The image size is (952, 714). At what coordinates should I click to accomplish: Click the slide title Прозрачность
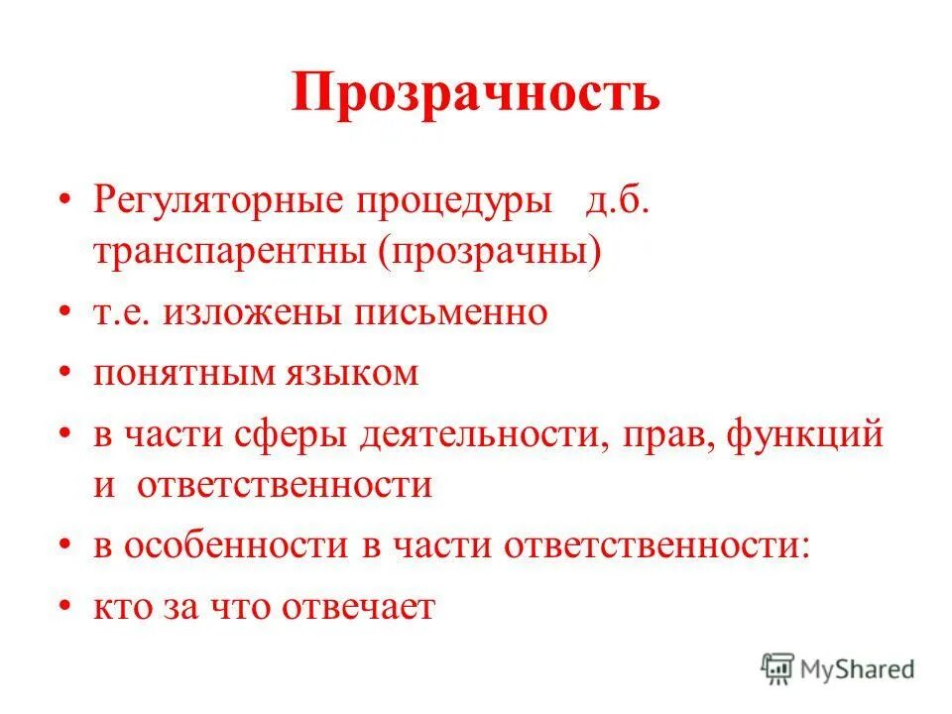(476, 96)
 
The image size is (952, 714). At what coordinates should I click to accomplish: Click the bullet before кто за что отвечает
(65, 605)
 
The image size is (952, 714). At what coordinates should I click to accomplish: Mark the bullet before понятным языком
(65, 373)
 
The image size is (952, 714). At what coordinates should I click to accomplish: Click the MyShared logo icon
(778, 668)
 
